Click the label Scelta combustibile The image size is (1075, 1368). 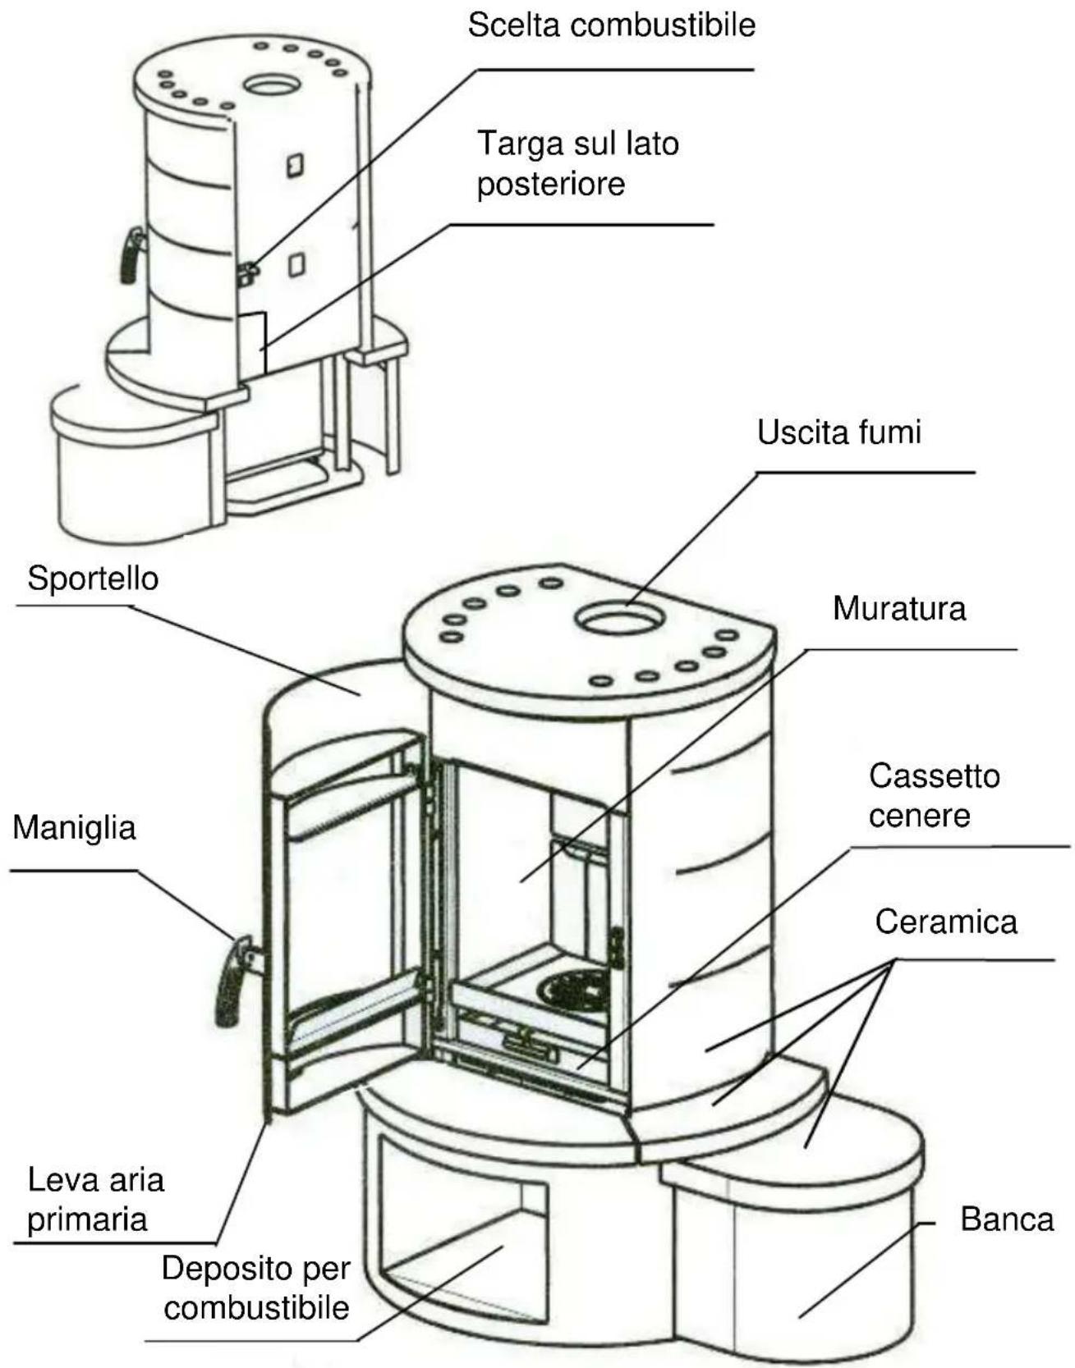[x=611, y=25]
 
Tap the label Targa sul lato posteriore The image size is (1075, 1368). [x=577, y=163]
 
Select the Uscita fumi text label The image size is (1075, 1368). [x=838, y=432]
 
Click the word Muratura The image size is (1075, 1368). [x=898, y=609]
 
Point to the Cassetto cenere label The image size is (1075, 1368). [x=934, y=795]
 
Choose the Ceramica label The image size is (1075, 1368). [x=945, y=922]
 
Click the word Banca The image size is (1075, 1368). [x=1007, y=1219]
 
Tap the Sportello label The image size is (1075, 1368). [x=93, y=579]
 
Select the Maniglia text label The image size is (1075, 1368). [x=74, y=827]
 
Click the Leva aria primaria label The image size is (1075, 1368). [x=96, y=1199]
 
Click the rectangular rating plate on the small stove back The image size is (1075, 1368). [x=253, y=343]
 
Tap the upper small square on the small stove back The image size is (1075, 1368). [x=294, y=165]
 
